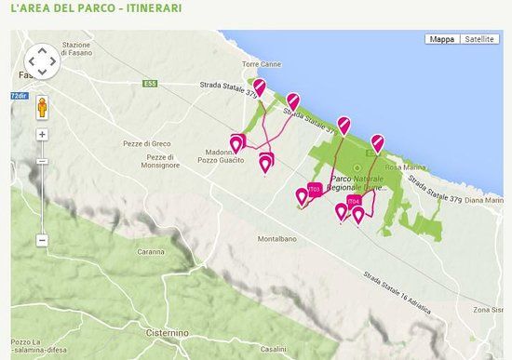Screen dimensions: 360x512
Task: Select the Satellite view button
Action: [x=479, y=39]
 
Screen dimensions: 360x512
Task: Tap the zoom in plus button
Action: [x=42, y=134]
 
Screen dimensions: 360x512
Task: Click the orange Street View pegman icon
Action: [x=42, y=108]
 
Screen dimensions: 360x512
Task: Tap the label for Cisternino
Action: [x=142, y=332]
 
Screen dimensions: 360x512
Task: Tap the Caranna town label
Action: [x=153, y=252]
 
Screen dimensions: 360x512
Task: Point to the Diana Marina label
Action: [x=484, y=200]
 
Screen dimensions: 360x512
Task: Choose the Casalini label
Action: [x=274, y=348]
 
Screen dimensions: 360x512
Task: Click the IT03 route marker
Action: [x=315, y=190]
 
